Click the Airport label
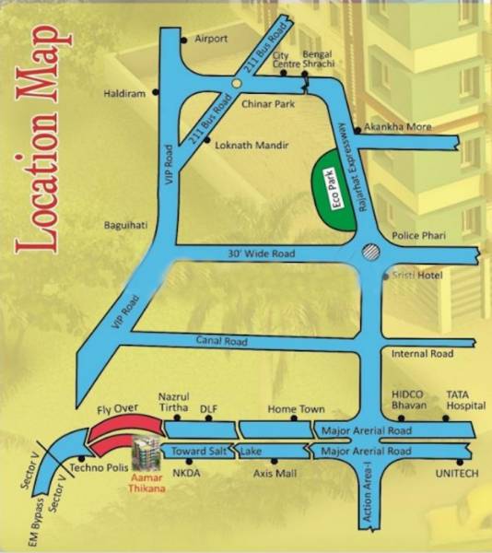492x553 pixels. coord(210,40)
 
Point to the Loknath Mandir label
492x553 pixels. coord(251,145)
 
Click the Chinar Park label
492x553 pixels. coord(266,104)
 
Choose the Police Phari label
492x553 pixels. coord(418,237)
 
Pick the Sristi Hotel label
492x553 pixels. coord(417,276)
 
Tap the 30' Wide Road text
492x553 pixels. coord(262,253)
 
